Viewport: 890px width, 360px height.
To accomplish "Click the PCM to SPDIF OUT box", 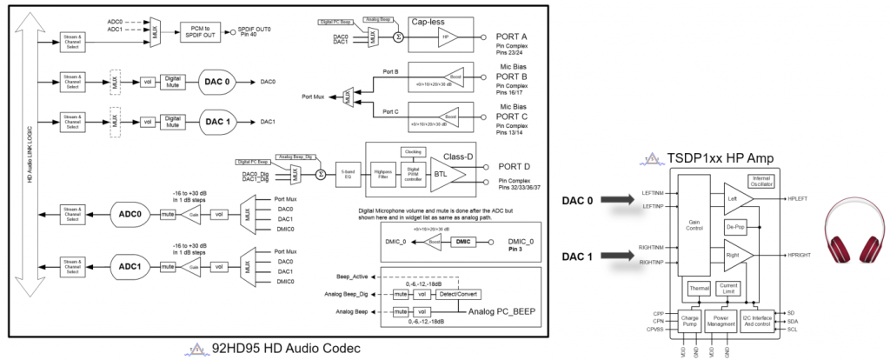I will [203, 30].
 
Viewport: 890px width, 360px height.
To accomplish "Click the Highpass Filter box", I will [382, 175].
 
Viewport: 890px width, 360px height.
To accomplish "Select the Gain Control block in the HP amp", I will [694, 223].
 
